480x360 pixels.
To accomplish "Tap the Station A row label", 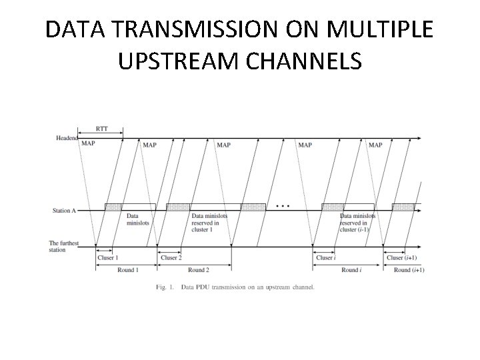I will pos(64,211).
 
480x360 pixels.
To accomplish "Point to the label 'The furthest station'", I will pos(63,247).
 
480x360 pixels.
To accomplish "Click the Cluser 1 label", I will pos(107,257).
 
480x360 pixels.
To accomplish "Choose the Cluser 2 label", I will pos(171,257).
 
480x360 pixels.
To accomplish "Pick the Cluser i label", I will pos(325,257).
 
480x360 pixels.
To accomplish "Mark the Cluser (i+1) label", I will pos(402,257).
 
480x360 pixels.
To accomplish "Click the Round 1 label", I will pos(127,270).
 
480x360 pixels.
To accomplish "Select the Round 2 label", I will pos(199,270).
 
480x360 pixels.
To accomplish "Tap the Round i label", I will pos(351,270).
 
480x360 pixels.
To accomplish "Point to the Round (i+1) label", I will pos(409,270).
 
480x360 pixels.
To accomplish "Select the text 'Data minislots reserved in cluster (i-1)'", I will pos(357,223).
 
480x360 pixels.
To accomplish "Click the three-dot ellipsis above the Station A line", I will pos(283,205).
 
